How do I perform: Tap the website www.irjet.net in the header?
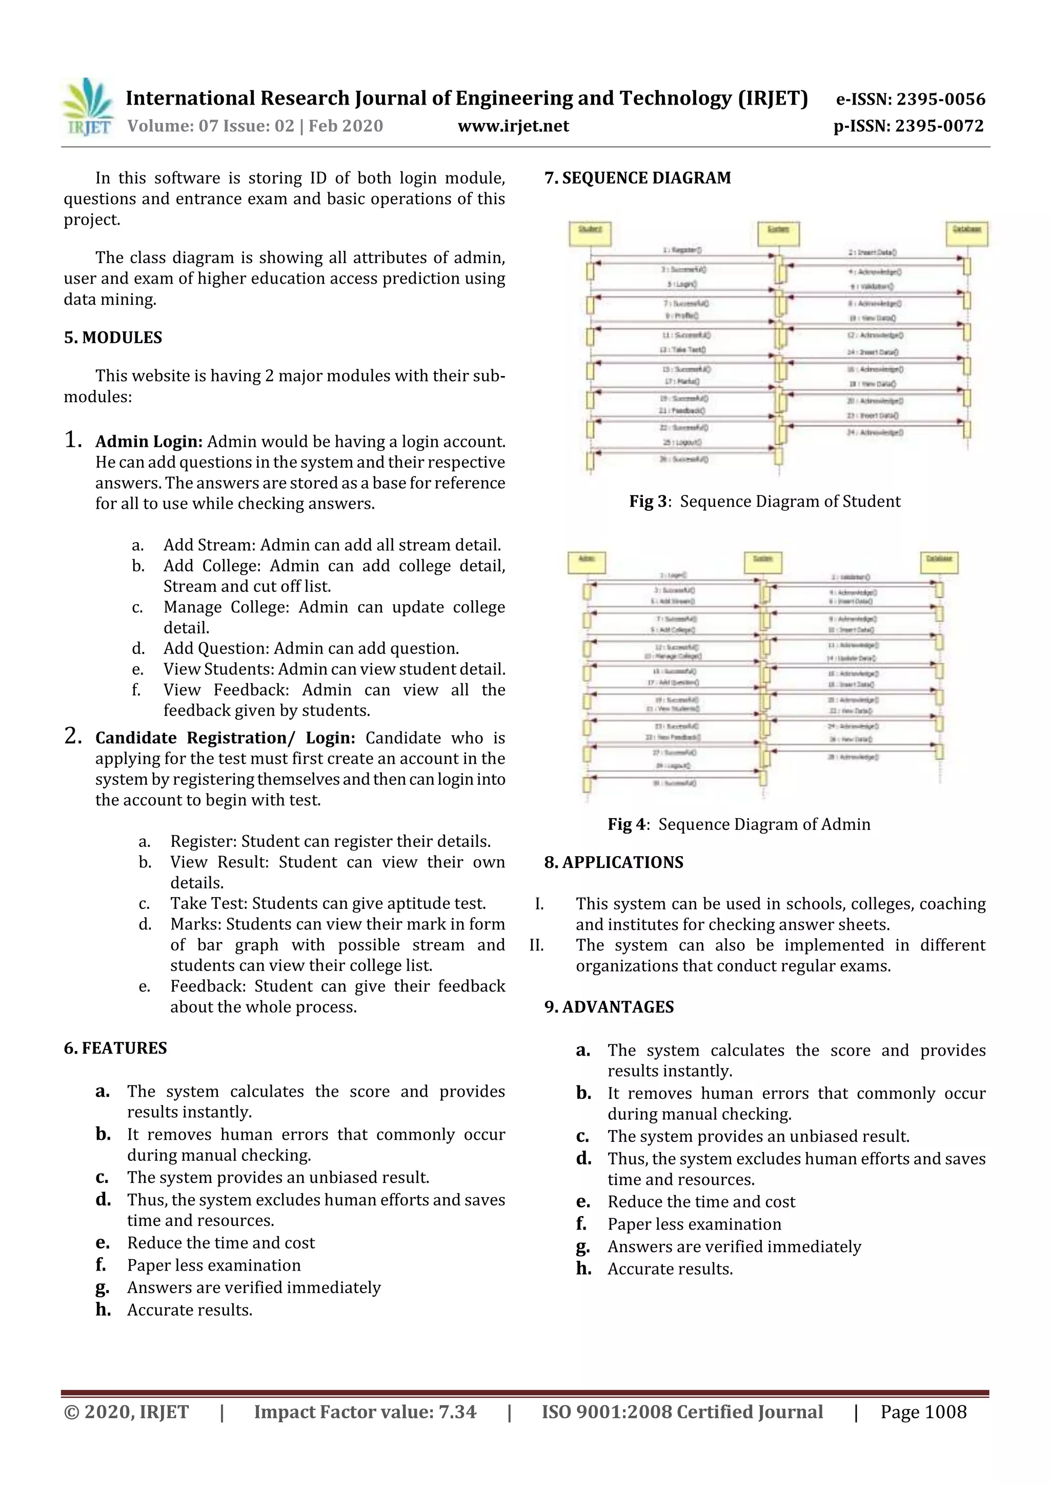point(513,126)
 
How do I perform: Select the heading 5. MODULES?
point(113,337)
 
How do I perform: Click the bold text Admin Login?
point(149,442)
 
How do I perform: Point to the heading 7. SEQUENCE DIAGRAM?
point(637,178)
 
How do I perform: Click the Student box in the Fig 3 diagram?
point(590,233)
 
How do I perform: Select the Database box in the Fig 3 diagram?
point(966,233)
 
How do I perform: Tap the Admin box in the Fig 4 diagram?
point(586,562)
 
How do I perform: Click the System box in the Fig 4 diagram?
point(763,562)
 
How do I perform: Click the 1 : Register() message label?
point(682,250)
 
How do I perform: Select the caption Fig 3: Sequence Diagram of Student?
point(765,502)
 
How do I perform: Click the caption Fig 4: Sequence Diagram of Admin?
point(739,824)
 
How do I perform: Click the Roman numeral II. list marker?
point(536,945)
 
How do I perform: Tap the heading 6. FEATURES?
point(115,1048)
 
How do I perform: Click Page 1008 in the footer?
point(923,1412)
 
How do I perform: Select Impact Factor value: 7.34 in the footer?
point(365,1412)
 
